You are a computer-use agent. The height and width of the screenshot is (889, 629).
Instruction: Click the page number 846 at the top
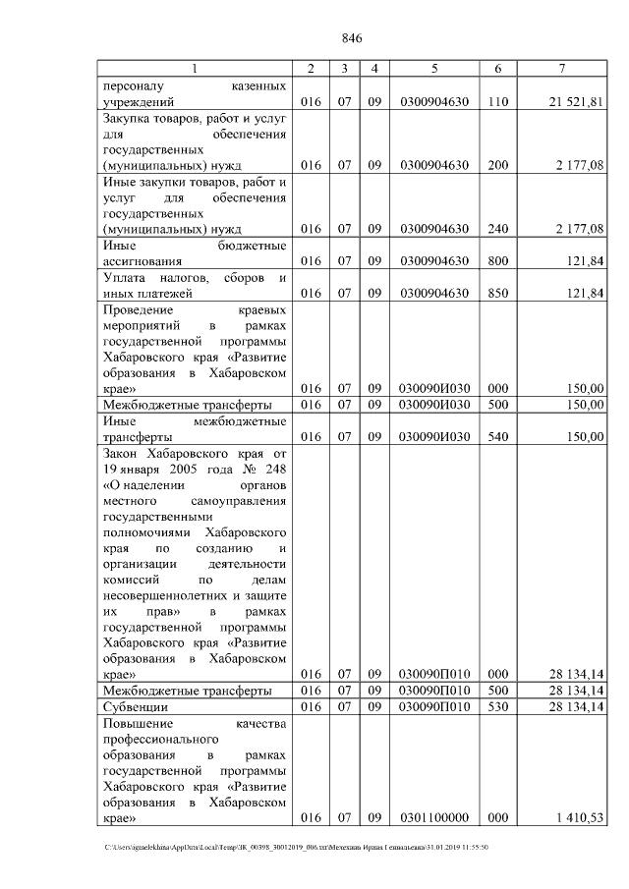point(353,39)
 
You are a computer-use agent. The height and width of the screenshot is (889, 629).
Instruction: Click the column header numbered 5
point(434,69)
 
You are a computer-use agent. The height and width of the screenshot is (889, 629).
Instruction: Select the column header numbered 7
point(560,69)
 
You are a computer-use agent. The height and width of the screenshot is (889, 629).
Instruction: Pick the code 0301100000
point(434,817)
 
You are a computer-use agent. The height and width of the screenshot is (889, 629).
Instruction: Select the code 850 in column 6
point(498,293)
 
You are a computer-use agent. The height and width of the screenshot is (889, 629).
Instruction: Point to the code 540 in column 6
point(498,436)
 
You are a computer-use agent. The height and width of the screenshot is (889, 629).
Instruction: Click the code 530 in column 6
point(498,706)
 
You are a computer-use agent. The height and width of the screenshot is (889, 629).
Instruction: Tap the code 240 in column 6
point(498,229)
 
